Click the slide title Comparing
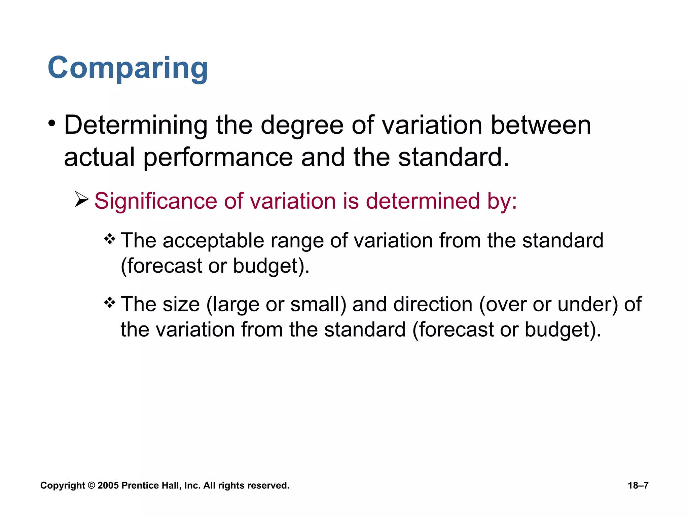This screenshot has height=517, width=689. (x=128, y=68)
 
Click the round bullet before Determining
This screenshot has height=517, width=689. (x=51, y=124)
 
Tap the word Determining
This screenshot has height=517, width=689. (x=136, y=126)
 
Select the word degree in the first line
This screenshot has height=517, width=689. (x=302, y=126)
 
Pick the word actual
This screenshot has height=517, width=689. (x=99, y=157)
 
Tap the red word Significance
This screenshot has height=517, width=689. (x=155, y=201)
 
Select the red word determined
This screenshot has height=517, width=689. (x=423, y=201)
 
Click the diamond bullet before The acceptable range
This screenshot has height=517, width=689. (x=110, y=240)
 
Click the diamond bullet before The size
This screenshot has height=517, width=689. (x=110, y=303)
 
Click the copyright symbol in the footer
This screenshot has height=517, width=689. (x=91, y=485)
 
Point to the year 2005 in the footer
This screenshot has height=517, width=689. (x=108, y=485)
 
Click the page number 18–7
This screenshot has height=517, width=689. (x=638, y=485)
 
